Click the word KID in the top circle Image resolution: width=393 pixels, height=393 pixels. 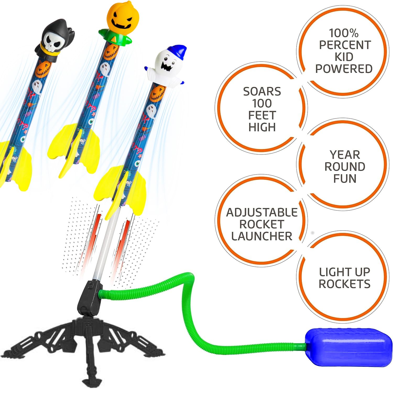click(344, 57)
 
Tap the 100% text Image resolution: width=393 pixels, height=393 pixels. click(344, 33)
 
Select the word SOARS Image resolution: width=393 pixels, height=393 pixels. click(262, 91)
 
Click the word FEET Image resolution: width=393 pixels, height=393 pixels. click(262, 115)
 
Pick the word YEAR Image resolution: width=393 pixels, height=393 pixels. click(345, 155)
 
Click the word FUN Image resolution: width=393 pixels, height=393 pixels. click(345, 178)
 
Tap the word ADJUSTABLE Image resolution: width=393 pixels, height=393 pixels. click(262, 212)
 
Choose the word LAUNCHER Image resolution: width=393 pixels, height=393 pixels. click(262, 236)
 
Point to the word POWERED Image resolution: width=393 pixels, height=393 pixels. click(344, 69)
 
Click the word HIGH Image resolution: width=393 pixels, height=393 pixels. click(262, 127)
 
